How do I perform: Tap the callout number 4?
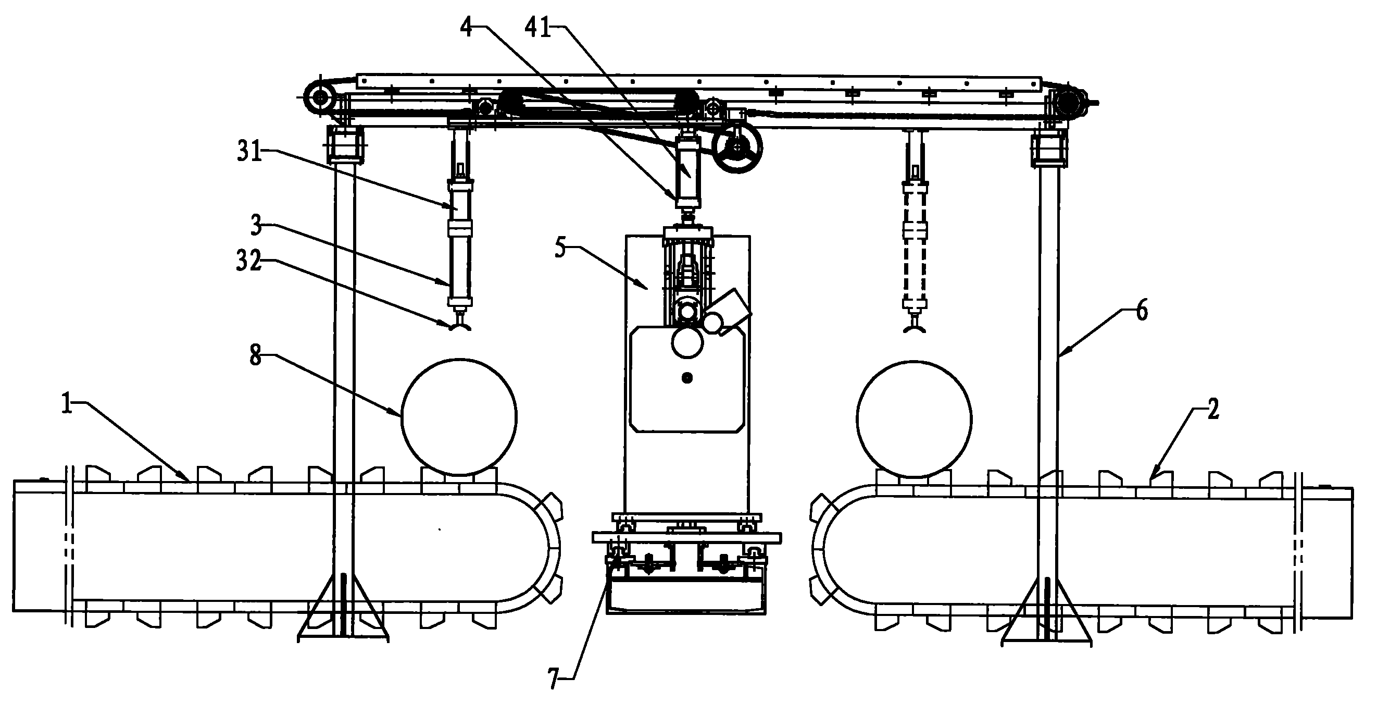[x=467, y=27]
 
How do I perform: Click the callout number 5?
[x=560, y=248]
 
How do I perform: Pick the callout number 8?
[x=256, y=355]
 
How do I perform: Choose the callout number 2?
[x=1213, y=410]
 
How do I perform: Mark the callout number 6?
[x=1141, y=311]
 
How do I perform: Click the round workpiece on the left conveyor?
[x=459, y=416]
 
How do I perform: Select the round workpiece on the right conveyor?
[x=913, y=418]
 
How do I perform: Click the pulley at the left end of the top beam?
[x=320, y=98]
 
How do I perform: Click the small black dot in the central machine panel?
[x=687, y=378]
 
